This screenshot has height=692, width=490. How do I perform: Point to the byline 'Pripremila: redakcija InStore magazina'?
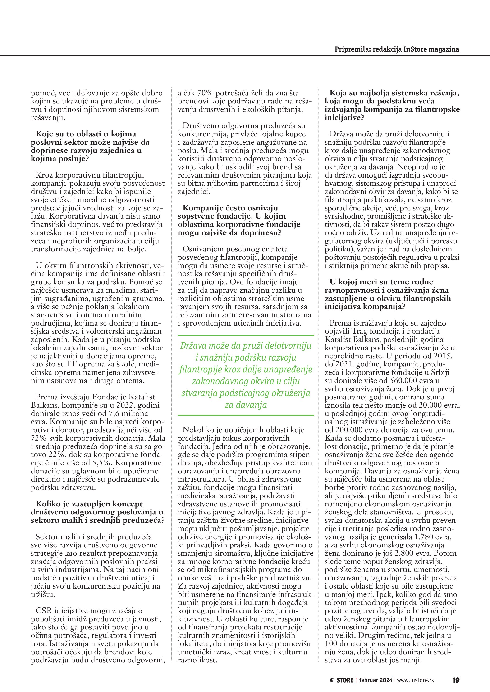(397, 49)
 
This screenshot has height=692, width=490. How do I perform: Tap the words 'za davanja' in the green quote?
(246, 405)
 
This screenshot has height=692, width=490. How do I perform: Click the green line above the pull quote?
(246, 335)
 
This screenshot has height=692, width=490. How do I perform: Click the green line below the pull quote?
(246, 415)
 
